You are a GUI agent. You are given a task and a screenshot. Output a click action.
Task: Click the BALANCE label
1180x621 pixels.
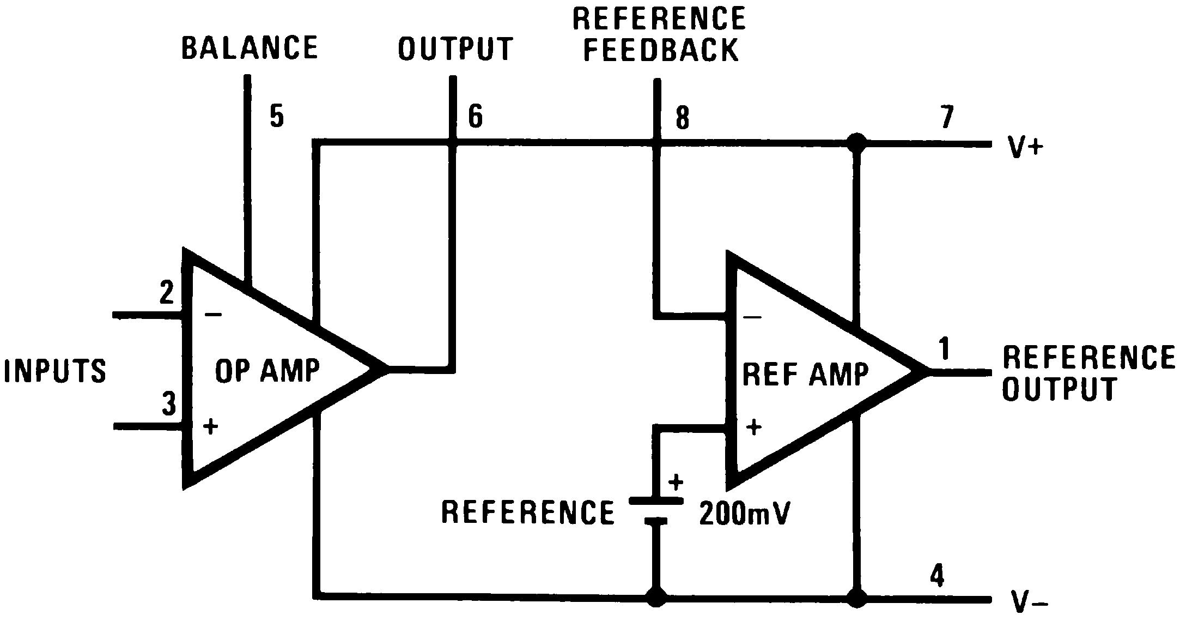point(249,47)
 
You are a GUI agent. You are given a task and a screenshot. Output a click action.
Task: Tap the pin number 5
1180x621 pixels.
point(277,117)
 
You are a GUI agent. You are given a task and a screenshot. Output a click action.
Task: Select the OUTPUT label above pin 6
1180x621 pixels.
point(455,49)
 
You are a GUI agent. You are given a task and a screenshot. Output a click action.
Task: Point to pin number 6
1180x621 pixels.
point(475,117)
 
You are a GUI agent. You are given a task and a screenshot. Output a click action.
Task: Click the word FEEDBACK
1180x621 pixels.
point(661,50)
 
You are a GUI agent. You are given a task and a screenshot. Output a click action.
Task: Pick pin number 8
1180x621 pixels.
point(682,117)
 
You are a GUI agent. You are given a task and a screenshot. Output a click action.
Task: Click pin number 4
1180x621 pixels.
point(936,577)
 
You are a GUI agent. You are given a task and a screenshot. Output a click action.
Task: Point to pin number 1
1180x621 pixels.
point(944,349)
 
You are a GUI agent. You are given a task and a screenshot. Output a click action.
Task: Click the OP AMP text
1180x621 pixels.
point(267,371)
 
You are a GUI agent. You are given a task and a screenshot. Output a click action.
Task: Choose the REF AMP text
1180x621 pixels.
point(805,374)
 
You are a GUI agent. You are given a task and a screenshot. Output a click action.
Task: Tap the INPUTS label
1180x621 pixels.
point(54,371)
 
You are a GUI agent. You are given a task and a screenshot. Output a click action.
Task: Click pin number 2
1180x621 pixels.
point(166,293)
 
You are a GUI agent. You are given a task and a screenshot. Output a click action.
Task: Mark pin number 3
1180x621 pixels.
point(169,405)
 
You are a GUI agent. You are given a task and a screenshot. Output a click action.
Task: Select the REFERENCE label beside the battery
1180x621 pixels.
point(527,512)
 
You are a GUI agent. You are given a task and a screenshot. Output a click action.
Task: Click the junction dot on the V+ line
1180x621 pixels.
point(857,143)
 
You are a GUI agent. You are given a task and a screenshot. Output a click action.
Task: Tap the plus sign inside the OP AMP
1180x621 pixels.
point(210,426)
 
